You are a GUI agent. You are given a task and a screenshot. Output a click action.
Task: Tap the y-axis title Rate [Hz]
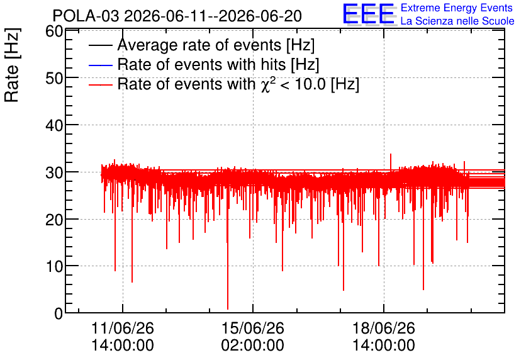click(12, 65)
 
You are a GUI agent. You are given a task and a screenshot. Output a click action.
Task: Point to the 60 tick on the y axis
click(54, 31)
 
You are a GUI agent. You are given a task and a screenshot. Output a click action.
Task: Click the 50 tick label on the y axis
click(54, 78)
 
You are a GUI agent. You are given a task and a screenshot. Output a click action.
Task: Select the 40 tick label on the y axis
click(54, 125)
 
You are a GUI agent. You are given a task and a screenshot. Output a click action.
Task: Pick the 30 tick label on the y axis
click(54, 172)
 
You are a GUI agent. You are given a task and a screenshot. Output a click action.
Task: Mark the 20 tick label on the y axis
click(54, 220)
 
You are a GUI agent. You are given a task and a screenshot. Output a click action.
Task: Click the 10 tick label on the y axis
click(54, 267)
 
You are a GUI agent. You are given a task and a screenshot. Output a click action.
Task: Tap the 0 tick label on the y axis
click(59, 313)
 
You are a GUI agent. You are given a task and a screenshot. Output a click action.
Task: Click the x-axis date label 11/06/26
click(123, 328)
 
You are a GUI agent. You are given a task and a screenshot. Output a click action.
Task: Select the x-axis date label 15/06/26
click(252, 328)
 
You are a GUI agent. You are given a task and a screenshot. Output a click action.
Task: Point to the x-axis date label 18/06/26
click(383, 328)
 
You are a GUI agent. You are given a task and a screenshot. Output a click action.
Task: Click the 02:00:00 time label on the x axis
click(252, 345)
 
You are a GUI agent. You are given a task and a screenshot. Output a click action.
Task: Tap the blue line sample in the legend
click(100, 65)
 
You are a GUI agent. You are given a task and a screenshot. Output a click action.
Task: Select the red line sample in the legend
click(100, 84)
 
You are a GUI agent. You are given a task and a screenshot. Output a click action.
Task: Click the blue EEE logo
click(368, 14)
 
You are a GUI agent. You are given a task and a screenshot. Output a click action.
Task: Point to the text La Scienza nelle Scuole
click(457, 21)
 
